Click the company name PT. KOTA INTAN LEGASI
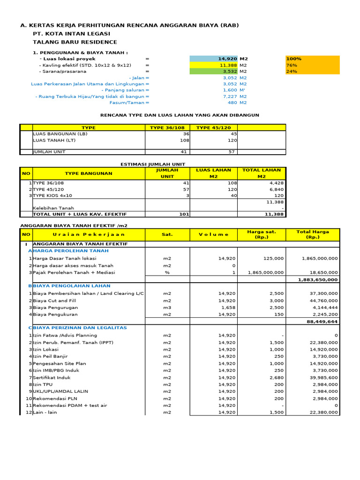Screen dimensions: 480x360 pyautogui.click(x=71, y=34)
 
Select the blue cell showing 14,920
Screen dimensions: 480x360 pyautogui.click(x=214, y=59)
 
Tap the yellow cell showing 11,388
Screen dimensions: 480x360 pyautogui.click(x=214, y=65)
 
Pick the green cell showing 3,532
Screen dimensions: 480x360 pyautogui.click(x=214, y=71)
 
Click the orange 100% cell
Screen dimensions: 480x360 pyautogui.click(x=312, y=59)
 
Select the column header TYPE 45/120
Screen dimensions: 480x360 pyautogui.click(x=214, y=127)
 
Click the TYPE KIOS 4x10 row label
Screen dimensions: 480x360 pyautogui.click(x=52, y=195)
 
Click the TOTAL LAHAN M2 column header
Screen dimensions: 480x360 pyautogui.click(x=262, y=173)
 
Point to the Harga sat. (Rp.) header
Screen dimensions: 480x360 pyautogui.click(x=262, y=234)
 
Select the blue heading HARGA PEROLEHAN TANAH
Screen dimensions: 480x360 pyautogui.click(x=70, y=251)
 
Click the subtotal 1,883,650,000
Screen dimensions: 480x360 pyautogui.click(x=318, y=279)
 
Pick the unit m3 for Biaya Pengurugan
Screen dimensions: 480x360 pyautogui.click(x=167, y=307)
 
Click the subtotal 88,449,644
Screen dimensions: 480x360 pyautogui.click(x=322, y=322)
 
